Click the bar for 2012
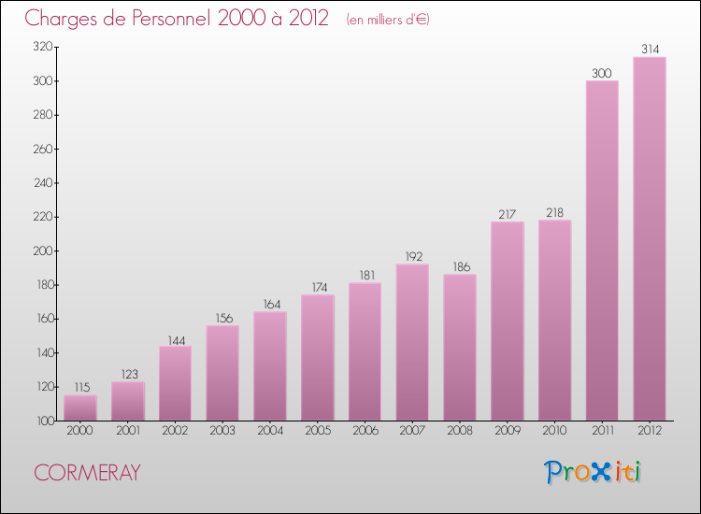coord(650,238)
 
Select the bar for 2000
coord(80,407)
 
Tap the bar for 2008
coord(460,347)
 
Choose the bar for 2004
coord(270,365)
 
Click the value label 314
coord(650,49)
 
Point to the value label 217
coord(508,213)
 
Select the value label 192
coord(412,255)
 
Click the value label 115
coord(80,386)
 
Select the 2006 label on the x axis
coord(365,431)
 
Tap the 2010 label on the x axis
coord(554,431)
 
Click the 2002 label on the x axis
coord(175,431)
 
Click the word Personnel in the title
coord(178,18)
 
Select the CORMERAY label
coord(87,473)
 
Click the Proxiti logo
coord(594,472)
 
